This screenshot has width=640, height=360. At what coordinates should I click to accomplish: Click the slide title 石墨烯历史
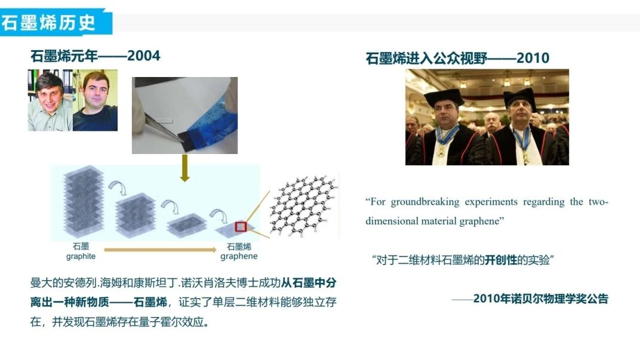[x=48, y=23]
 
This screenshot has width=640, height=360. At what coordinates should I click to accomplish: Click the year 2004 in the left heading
[x=144, y=56]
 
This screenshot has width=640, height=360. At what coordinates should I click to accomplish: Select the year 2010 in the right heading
[x=533, y=58]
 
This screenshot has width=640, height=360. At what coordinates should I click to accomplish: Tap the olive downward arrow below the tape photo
[x=185, y=168]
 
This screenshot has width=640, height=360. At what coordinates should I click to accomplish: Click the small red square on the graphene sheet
[x=241, y=226]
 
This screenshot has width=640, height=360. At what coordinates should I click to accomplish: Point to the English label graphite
[x=81, y=256]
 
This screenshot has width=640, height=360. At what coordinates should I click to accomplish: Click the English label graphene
[x=239, y=256]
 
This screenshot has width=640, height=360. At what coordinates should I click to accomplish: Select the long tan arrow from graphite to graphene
[x=161, y=250]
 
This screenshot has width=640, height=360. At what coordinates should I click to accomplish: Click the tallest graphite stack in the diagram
[x=84, y=201]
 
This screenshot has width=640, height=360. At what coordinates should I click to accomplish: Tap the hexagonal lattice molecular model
[x=304, y=206]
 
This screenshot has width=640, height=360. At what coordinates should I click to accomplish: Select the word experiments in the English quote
[x=491, y=202]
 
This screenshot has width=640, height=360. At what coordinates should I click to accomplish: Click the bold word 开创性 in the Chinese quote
[x=501, y=260]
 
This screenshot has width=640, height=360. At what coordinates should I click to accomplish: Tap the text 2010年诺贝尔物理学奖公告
[x=541, y=299]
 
